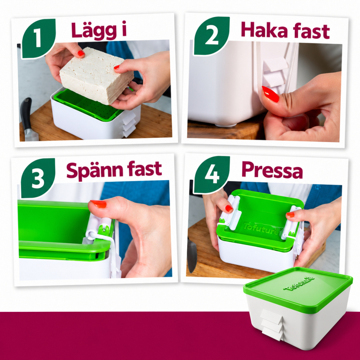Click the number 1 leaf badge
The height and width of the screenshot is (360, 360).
coord(39,39)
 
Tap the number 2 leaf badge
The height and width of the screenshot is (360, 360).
coord(212,36)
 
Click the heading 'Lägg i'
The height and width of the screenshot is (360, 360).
coord(99,31)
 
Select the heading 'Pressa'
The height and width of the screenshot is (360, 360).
coord(272,170)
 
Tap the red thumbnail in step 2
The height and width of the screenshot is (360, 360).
coord(270,94)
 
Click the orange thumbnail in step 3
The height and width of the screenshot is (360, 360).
coord(98,204)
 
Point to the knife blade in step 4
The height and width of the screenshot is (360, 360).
coord(192,255)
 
